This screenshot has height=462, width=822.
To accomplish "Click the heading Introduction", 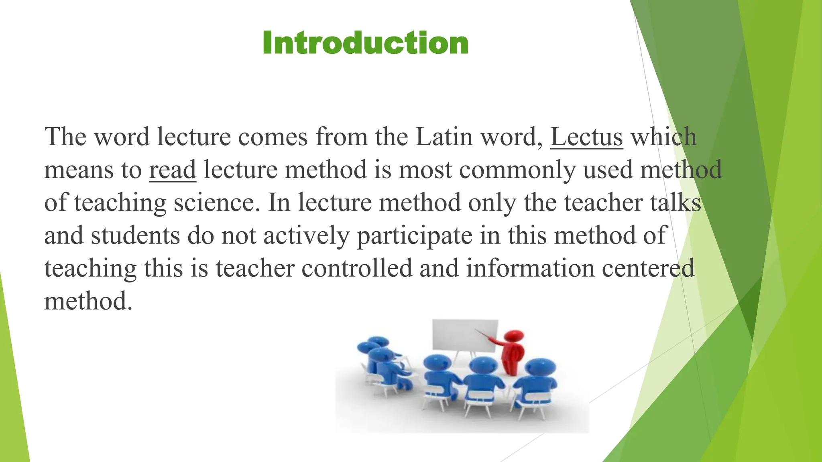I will click(x=365, y=43).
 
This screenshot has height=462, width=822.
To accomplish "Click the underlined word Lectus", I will click(x=586, y=137).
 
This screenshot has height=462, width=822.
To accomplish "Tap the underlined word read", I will click(x=173, y=170).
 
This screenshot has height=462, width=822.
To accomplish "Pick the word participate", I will click(x=414, y=235).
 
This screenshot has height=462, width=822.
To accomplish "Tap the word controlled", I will click(x=357, y=268).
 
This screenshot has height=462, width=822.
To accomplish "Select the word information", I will click(x=530, y=268).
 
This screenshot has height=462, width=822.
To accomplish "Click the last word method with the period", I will click(x=88, y=301).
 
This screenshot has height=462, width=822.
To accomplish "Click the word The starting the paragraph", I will click(x=65, y=137).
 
